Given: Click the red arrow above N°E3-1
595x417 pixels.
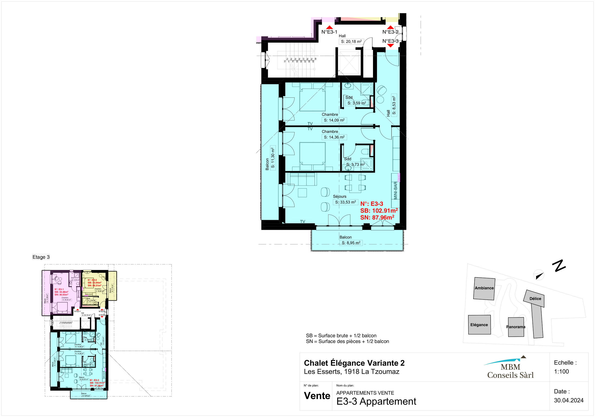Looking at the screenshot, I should point(329,27).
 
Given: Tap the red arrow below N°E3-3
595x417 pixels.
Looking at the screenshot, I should point(390,46).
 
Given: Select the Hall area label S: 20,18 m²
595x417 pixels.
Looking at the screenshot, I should point(351,41).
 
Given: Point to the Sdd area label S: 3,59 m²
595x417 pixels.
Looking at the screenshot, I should point(357,103).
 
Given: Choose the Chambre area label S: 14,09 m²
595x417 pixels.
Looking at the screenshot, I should point(334,120).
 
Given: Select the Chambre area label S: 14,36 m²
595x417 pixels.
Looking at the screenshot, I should point(334,137).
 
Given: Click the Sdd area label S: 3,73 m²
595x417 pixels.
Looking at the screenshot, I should point(355,164).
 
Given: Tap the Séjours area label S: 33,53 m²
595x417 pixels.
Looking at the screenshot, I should point(345,202).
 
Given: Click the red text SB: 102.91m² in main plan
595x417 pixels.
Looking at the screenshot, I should point(379,211).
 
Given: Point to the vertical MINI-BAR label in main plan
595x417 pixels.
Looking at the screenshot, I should point(395,190).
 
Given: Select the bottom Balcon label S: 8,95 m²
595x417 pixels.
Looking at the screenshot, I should point(351,243).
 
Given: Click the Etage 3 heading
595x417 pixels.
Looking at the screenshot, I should point(41,257).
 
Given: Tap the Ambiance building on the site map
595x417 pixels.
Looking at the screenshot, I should point(484,288).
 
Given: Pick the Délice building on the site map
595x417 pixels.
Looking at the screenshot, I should point(535,299).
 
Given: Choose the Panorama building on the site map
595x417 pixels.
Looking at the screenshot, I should point(516,327).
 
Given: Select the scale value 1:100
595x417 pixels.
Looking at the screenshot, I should point(561,371).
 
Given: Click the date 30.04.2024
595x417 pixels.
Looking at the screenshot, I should point(569,400).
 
